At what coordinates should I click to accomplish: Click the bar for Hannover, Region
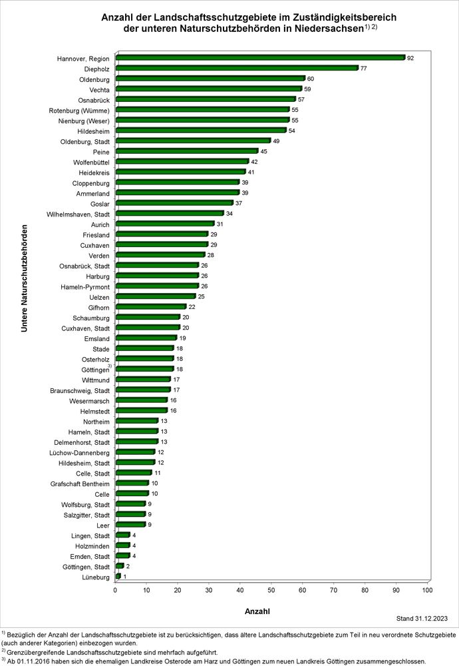click(x=261, y=58)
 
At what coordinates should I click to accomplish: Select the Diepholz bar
click(x=237, y=68)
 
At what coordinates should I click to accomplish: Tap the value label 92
click(x=410, y=58)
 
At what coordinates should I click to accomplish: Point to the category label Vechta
click(x=99, y=90)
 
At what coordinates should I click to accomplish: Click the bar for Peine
click(x=187, y=151)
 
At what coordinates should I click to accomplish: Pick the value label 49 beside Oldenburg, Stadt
click(x=276, y=141)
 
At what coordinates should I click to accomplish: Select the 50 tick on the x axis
click(x=271, y=590)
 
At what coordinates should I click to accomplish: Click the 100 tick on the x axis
click(x=427, y=590)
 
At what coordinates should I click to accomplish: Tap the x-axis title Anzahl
click(x=257, y=611)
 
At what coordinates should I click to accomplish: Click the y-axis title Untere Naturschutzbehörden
click(x=24, y=278)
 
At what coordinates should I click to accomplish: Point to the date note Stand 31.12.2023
click(x=422, y=619)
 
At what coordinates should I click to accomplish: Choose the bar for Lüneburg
click(x=118, y=576)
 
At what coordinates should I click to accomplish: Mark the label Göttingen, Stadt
click(x=86, y=567)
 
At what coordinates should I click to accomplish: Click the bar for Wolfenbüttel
click(x=182, y=161)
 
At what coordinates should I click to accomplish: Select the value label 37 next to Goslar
click(x=239, y=203)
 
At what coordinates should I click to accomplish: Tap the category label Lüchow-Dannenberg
click(x=79, y=453)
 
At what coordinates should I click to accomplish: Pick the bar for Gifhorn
click(x=151, y=306)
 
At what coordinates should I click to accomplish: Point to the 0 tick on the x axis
click(x=115, y=590)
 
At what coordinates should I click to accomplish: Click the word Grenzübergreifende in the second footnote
click(x=33, y=653)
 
